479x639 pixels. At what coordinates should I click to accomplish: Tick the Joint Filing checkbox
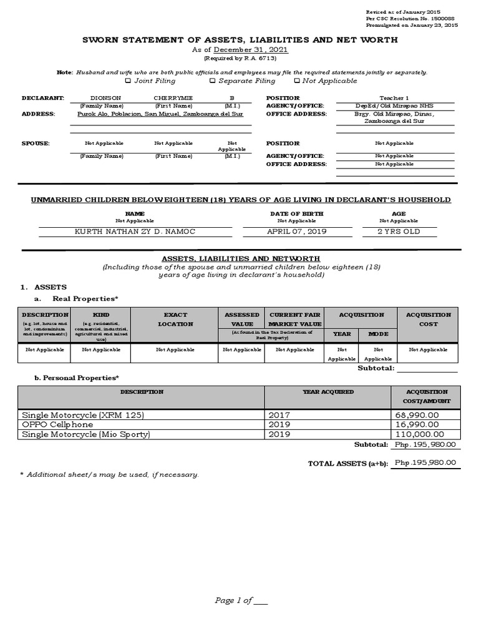click(x=128, y=80)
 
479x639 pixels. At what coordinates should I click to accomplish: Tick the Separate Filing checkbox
click(x=213, y=80)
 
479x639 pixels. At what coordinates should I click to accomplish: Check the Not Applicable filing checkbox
click(x=297, y=80)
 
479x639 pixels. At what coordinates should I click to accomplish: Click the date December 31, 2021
click(x=251, y=50)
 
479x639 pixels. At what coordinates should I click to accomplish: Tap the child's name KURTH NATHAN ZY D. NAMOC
click(x=135, y=232)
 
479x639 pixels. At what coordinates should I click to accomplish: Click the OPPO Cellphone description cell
click(x=61, y=424)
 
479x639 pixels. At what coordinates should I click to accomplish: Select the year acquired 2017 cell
click(x=279, y=414)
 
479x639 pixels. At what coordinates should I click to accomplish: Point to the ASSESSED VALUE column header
click(x=242, y=319)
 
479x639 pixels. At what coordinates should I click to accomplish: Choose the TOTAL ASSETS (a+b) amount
click(x=425, y=462)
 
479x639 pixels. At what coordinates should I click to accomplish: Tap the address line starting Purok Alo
click(x=160, y=114)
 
